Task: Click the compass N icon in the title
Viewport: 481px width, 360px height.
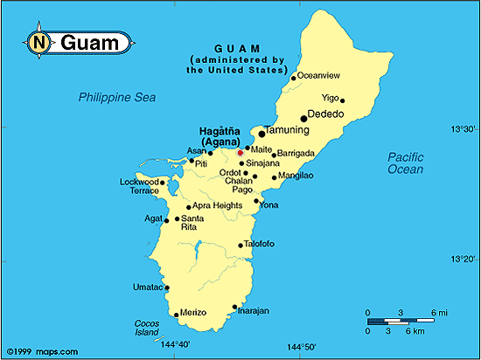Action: (38, 41)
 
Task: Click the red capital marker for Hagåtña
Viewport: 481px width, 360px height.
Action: (240, 152)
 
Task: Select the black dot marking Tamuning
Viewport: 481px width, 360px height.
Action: (261, 134)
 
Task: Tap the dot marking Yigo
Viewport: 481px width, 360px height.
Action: (343, 100)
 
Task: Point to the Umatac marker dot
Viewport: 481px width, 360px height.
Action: (167, 287)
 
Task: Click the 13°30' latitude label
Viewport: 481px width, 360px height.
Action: (462, 129)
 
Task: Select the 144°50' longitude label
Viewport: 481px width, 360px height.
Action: (303, 347)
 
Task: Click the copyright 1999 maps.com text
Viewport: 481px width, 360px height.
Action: (36, 351)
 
